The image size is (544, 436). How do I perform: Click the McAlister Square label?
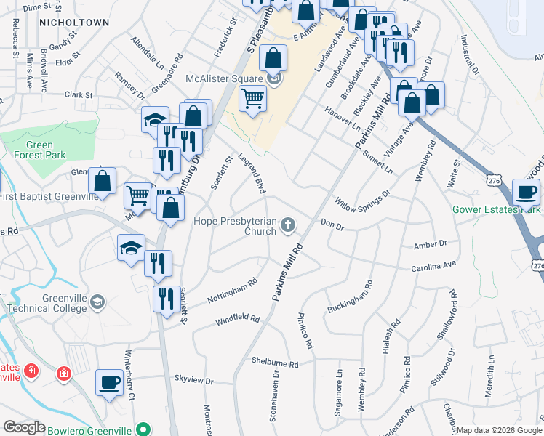tap(223, 79)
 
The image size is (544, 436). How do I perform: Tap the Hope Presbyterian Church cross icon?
tap(289, 225)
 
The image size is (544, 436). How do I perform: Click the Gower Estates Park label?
tap(496, 209)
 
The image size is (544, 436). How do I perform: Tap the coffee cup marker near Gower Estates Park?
tap(526, 193)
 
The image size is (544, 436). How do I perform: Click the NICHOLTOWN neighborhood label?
tap(74, 23)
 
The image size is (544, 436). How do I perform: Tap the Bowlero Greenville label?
tap(92, 430)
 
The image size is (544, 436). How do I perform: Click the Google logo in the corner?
tap(23, 427)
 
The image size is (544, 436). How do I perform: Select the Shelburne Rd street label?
tap(274, 363)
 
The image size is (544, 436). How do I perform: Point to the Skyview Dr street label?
tap(193, 379)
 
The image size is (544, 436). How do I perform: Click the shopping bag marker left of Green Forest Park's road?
tap(103, 182)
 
